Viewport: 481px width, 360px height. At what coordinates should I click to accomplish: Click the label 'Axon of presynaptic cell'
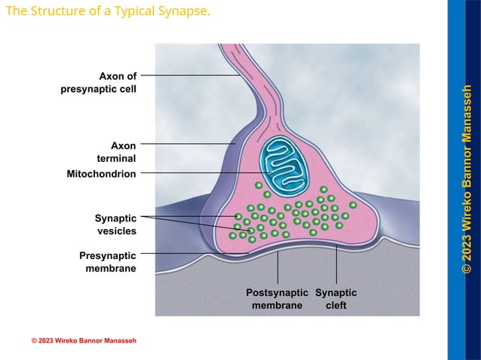click(98, 83)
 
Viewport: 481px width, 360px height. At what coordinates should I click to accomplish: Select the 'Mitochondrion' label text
click(101, 174)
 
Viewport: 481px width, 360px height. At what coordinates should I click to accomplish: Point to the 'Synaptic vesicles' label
click(115, 224)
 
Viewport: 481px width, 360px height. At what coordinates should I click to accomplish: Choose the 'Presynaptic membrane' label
click(108, 262)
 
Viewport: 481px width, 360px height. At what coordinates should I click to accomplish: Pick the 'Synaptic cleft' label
click(335, 299)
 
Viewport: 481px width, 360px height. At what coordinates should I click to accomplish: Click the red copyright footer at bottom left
click(84, 341)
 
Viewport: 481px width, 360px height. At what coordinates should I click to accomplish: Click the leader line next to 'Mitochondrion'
click(196, 173)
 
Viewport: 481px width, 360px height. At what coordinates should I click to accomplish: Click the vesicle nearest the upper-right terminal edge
click(353, 205)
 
